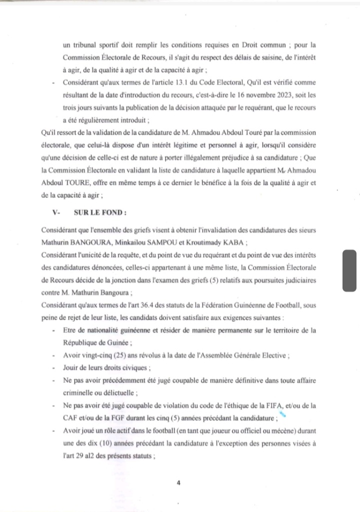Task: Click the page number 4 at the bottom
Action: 177,483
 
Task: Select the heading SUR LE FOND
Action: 100,212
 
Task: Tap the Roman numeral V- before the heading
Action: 56,212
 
